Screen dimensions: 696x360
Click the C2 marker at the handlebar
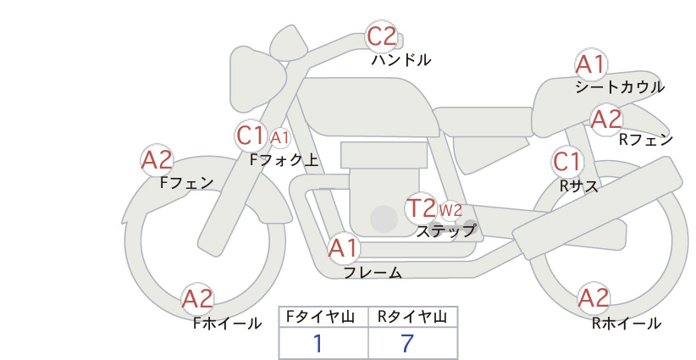(382, 36)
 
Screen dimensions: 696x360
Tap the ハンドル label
(401, 59)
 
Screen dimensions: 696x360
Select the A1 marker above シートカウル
(591, 65)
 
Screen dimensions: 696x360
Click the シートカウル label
(620, 87)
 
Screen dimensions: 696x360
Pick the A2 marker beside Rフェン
(606, 119)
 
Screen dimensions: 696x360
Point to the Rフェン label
(646, 140)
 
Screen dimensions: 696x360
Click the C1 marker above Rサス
(566, 162)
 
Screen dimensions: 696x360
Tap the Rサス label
(579, 186)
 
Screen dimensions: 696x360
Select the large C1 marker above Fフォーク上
(251, 136)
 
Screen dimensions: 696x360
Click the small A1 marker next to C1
(279, 138)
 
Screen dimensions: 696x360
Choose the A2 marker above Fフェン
(157, 160)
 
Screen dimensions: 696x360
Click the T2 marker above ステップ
(421, 208)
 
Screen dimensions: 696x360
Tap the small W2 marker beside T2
(450, 210)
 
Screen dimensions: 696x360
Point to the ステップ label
(445, 231)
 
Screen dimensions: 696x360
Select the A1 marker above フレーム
(344, 247)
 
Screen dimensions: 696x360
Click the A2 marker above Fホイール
(197, 299)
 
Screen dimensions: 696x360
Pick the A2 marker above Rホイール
(594, 298)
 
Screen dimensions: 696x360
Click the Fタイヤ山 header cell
(323, 317)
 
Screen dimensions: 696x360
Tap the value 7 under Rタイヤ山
(407, 343)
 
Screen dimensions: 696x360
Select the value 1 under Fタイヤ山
(318, 343)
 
